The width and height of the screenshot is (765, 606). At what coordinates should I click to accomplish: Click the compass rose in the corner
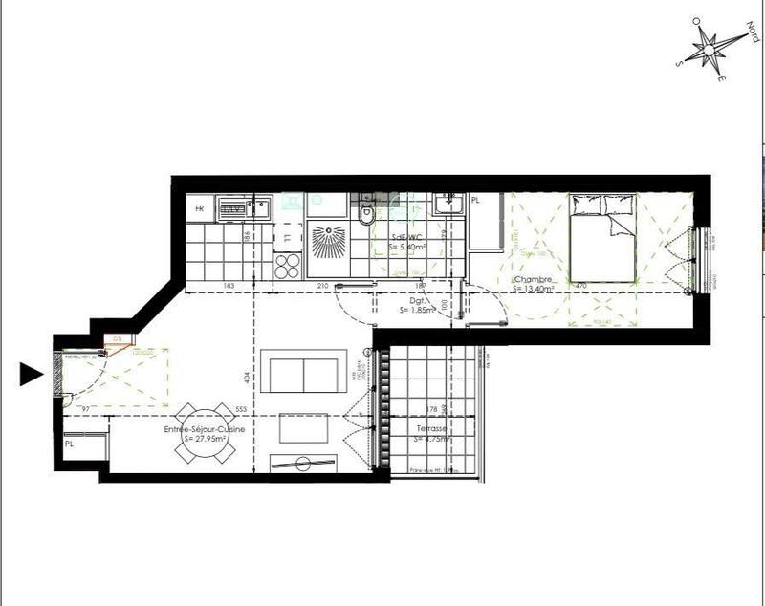(712, 47)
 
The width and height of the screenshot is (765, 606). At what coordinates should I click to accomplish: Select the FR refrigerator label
(200, 207)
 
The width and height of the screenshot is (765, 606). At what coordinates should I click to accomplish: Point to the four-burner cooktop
(288, 265)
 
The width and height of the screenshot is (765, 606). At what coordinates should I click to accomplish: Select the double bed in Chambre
(603, 237)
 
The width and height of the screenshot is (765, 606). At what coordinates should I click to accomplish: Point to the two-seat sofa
(305, 375)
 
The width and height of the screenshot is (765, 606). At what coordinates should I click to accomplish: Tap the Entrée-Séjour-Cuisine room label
(205, 435)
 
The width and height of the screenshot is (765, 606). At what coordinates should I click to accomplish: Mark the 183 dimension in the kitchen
(229, 285)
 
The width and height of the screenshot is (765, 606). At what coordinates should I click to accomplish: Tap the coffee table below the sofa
(304, 428)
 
